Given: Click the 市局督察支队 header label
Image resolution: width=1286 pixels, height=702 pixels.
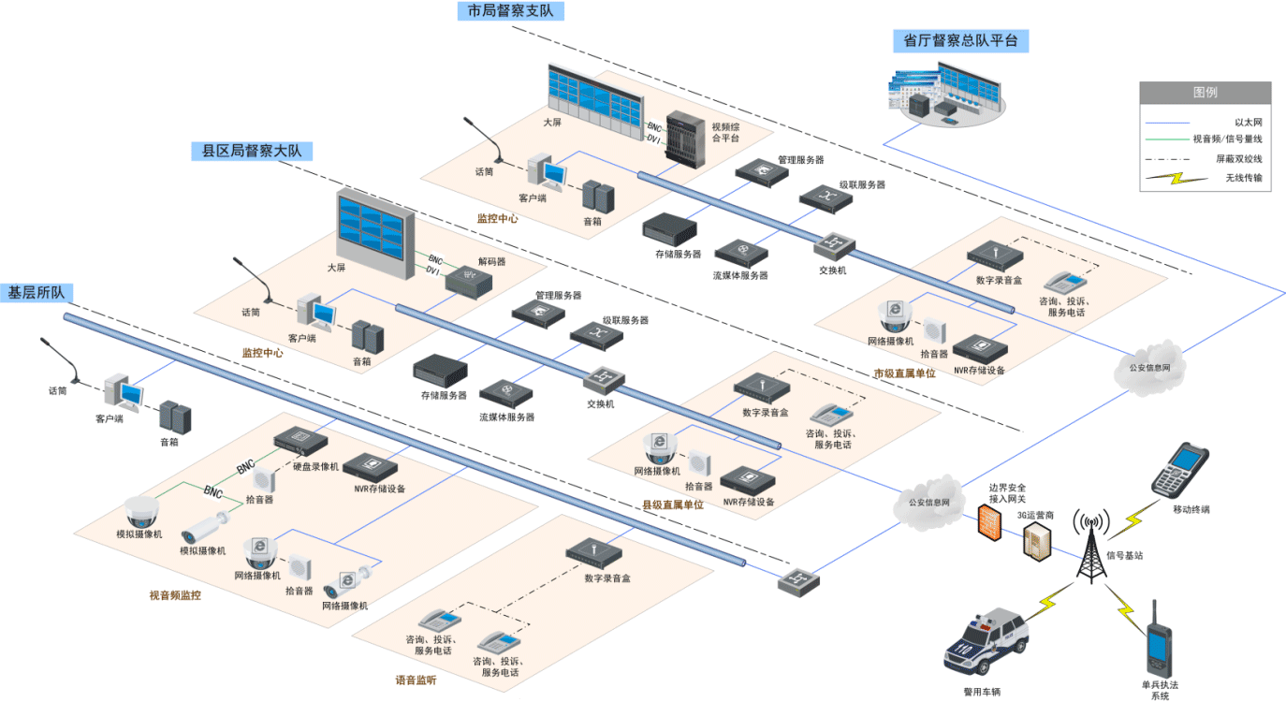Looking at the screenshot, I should [511, 10].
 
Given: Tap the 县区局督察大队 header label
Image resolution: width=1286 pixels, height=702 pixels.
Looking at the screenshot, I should [252, 151].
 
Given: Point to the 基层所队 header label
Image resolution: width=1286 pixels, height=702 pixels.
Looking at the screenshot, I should [37, 292].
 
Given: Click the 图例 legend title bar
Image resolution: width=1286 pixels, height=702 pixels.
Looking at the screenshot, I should [1205, 93].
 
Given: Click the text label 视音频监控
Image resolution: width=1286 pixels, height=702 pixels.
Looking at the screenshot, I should [175, 595].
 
